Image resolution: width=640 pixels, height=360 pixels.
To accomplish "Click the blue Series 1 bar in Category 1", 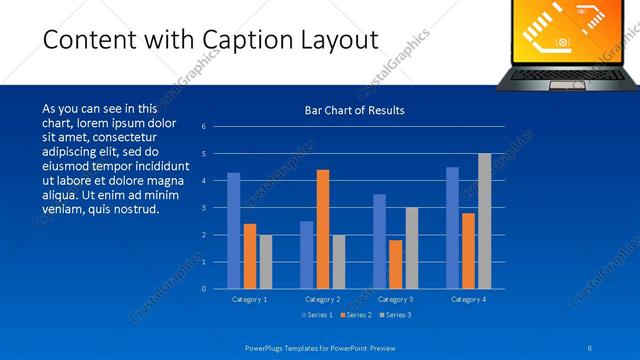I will [x=233, y=231].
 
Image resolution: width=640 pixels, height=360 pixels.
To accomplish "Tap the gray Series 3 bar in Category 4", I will [x=484, y=221].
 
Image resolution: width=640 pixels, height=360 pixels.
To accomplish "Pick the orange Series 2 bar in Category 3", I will [x=396, y=264].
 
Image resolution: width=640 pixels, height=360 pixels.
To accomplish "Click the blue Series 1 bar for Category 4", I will [x=452, y=228].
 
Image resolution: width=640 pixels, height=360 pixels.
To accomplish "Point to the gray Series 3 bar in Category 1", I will [x=265, y=262].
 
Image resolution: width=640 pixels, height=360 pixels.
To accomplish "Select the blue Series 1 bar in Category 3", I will [x=379, y=241].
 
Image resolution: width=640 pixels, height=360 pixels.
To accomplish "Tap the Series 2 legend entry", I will [x=356, y=315].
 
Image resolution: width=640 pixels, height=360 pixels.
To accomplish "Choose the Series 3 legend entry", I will [x=396, y=315].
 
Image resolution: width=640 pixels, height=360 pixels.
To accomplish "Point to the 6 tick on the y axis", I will [x=204, y=127].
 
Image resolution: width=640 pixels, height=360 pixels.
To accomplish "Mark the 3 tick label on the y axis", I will [x=204, y=208].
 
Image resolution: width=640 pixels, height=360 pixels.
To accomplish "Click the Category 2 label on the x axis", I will [x=323, y=299].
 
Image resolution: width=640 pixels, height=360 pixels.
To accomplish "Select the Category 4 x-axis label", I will [x=469, y=299].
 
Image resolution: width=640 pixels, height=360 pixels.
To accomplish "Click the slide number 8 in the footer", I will [x=589, y=346].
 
